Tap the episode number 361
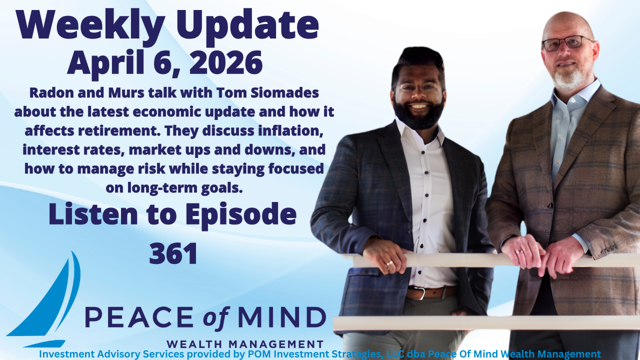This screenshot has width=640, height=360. [x=173, y=253]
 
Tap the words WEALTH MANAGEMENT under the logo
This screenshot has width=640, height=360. [x=244, y=344]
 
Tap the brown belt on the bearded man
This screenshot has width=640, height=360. [x=430, y=292]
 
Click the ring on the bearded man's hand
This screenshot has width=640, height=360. [x=389, y=263]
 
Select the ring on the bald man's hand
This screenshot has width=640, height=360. [x=520, y=251]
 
